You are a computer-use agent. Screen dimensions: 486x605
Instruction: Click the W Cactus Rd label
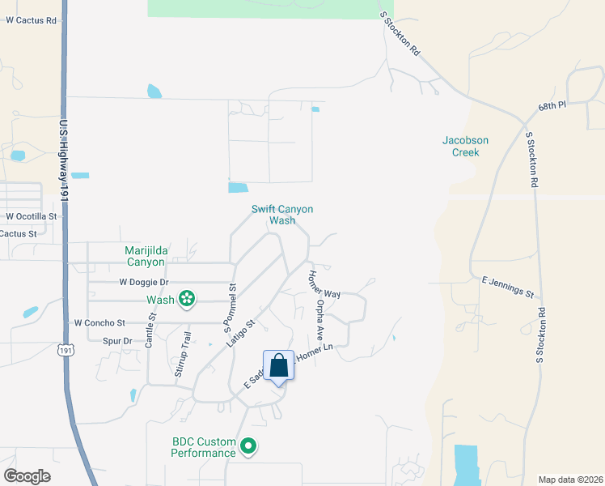pos(32,19)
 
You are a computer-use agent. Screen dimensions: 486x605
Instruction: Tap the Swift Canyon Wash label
pos(281,215)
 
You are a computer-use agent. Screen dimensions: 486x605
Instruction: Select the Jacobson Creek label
pos(465,146)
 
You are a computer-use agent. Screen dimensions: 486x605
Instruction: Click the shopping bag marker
pos(279,366)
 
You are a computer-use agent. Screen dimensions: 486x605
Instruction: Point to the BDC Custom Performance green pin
pos(249,446)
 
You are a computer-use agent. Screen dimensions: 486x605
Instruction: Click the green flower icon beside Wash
pos(187,299)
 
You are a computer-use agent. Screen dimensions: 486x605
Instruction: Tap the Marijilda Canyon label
pos(144,256)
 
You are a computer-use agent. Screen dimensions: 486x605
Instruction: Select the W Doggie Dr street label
pos(143,282)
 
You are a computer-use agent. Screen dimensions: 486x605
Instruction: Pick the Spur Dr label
pos(117,341)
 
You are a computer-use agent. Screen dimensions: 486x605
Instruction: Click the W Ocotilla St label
pos(32,216)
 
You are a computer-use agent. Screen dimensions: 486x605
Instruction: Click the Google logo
pos(27,476)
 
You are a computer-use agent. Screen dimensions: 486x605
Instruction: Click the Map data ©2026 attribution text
pos(569,480)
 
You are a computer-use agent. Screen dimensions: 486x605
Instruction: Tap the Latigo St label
pos(239,333)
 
